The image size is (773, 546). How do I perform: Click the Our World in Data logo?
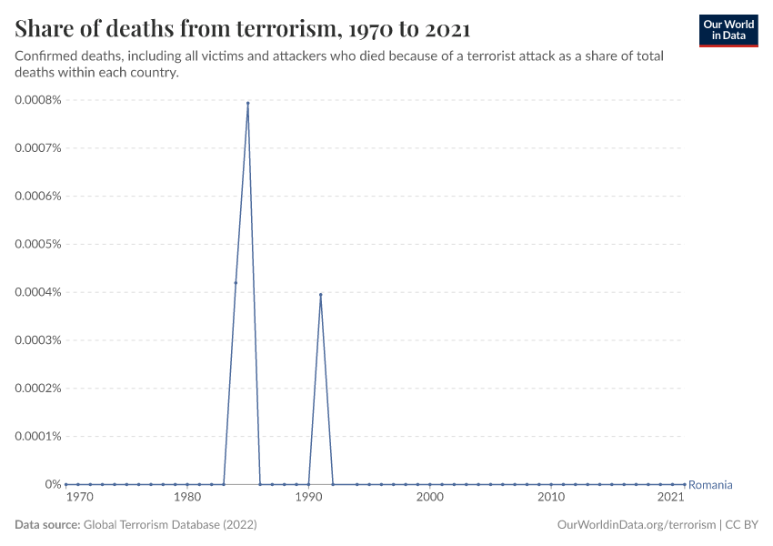[x=728, y=30]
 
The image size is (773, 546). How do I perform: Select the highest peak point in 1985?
[x=247, y=103]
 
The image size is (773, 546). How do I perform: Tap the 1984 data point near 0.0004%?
[x=236, y=282]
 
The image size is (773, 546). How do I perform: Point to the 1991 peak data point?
[x=320, y=294]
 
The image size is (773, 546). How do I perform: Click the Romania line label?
[x=710, y=485]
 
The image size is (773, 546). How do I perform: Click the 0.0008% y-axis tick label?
[x=37, y=100]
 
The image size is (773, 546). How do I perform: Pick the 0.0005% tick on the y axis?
[x=37, y=244]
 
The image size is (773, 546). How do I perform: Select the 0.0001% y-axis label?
[x=37, y=436]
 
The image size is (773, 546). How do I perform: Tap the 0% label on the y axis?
[x=53, y=484]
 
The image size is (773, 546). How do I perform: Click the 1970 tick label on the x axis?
[x=79, y=498]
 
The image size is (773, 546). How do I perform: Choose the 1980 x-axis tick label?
[x=187, y=498]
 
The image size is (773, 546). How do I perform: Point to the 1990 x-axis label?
[x=308, y=498]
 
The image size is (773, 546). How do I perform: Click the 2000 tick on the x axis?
[x=429, y=498]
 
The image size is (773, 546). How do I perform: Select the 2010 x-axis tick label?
[x=550, y=498]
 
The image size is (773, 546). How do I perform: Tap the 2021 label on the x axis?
[x=670, y=498]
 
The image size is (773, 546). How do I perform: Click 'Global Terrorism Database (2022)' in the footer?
[x=170, y=525]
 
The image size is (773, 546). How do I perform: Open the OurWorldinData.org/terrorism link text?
[x=634, y=525]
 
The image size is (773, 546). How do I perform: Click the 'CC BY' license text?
[x=741, y=525]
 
